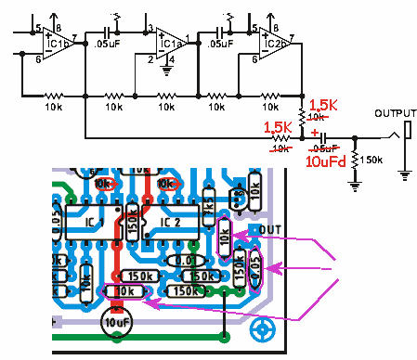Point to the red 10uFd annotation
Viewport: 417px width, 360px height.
[x=327, y=161]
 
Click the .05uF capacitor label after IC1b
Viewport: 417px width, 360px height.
[x=107, y=44]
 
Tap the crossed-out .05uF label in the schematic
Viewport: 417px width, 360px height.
[x=325, y=148]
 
